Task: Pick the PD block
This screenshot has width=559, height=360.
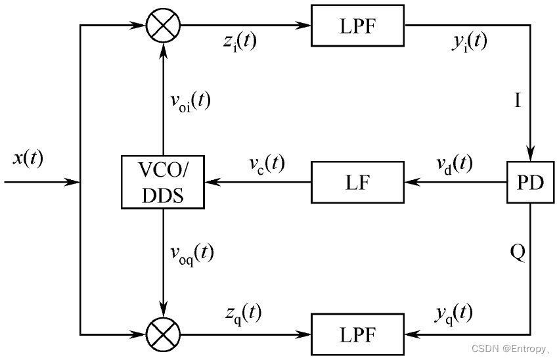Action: tap(530, 182)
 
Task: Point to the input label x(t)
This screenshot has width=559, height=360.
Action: tap(28, 158)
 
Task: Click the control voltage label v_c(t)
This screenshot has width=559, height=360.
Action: tap(267, 164)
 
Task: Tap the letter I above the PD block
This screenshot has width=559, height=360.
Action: tap(518, 101)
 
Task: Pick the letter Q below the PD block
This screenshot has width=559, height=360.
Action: tap(518, 252)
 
